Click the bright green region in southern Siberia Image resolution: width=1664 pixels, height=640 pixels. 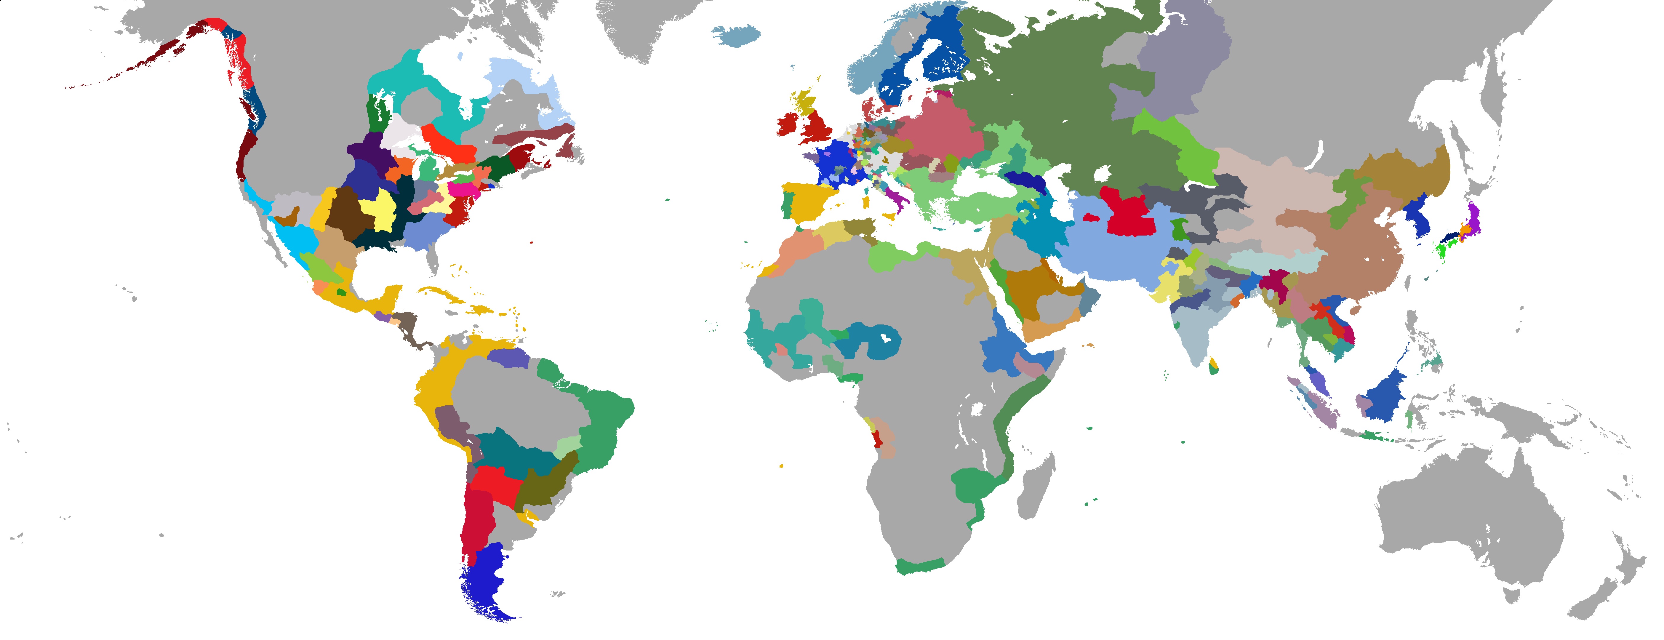coord(1176,145)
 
